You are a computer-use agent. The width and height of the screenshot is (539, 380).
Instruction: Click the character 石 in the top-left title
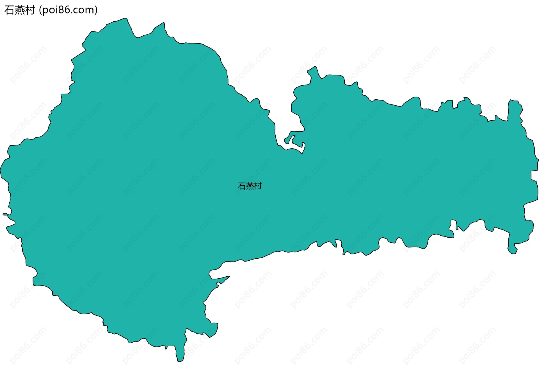[9, 10]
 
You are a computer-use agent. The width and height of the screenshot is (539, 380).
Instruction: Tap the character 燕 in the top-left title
[20, 10]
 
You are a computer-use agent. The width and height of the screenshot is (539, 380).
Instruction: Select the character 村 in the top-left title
[30, 10]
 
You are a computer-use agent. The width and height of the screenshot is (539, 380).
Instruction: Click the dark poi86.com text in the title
[68, 10]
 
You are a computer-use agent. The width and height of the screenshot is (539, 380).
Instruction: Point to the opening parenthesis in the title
[40, 10]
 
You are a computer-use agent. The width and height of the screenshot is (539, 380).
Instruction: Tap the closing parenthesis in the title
[96, 10]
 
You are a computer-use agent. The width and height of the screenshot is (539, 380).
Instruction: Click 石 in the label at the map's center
[242, 186]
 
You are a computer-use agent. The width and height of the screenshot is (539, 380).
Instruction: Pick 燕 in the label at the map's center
[250, 186]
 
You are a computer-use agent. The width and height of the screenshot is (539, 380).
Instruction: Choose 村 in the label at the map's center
[258, 186]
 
